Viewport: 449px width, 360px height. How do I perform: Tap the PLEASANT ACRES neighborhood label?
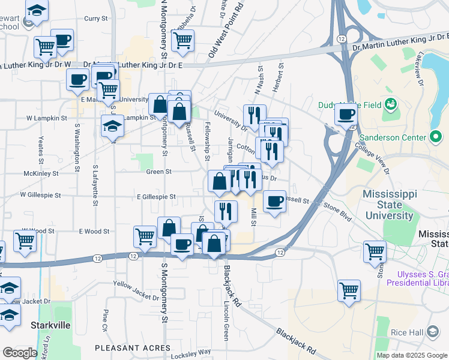tap(133, 347)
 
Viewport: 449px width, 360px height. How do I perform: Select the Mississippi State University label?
tap(396, 205)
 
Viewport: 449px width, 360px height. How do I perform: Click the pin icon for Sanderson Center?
tap(436, 137)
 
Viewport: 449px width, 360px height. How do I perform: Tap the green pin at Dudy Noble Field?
tap(391, 103)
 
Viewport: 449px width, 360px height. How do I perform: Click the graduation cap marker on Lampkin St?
tap(112, 126)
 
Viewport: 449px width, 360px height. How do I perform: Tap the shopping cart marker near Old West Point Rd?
tap(182, 40)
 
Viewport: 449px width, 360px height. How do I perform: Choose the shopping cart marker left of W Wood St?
tap(25, 241)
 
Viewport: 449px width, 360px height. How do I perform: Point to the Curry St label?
tap(95, 19)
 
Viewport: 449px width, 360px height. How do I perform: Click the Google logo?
tap(20, 353)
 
